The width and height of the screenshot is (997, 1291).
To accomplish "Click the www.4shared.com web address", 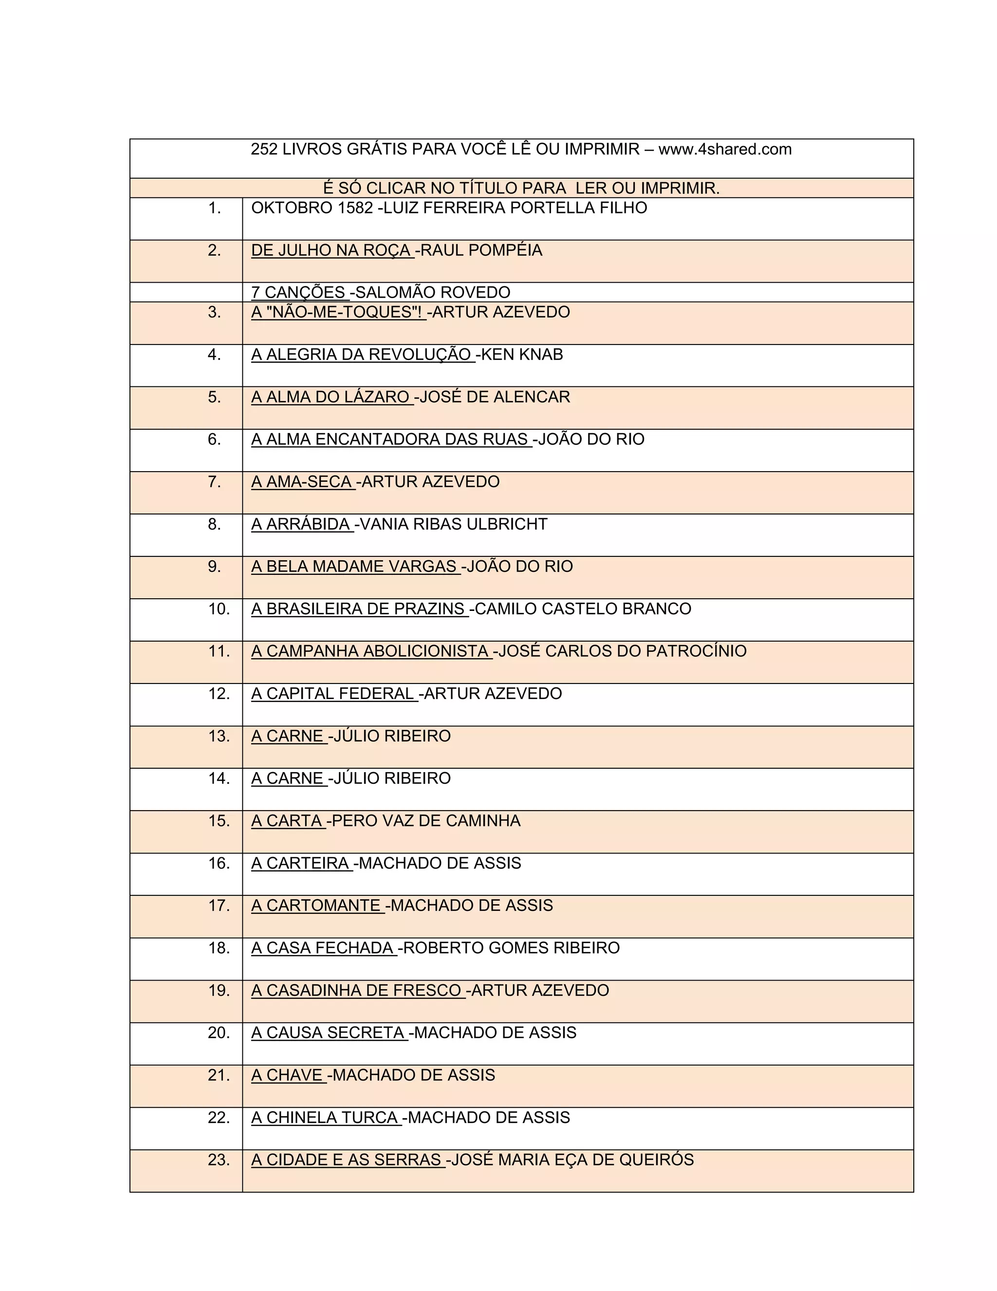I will click(725, 150).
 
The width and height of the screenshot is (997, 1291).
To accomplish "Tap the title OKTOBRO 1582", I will click(312, 208).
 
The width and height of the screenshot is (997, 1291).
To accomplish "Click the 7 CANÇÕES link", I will click(298, 293).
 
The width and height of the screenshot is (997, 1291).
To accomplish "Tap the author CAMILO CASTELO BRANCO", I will click(583, 609).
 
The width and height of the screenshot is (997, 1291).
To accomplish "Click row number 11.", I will click(219, 651).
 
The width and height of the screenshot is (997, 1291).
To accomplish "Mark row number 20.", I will click(219, 1033).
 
